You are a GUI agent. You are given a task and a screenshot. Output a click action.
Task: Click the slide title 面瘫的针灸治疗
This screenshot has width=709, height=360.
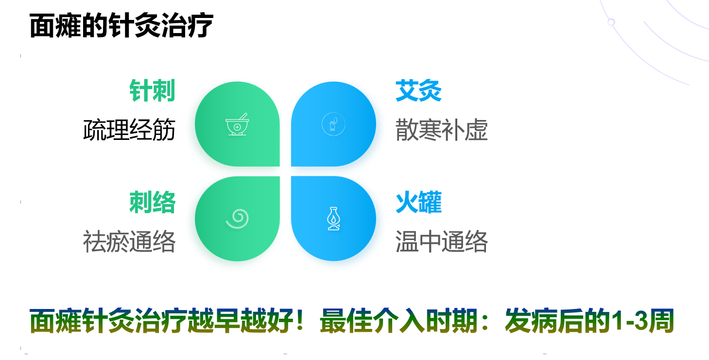(x=121, y=26)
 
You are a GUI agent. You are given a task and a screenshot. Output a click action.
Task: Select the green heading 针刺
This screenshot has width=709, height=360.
(x=152, y=91)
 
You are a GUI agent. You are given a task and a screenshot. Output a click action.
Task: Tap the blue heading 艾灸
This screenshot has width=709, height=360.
(x=418, y=91)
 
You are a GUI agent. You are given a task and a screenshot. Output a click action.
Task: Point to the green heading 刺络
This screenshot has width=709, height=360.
(x=152, y=202)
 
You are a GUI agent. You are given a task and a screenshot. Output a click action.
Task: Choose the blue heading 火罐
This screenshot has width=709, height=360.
(x=418, y=202)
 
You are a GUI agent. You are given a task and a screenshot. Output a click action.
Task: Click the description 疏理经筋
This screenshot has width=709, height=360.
(x=129, y=130)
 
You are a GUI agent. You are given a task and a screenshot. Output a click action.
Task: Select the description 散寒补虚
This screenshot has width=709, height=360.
(x=442, y=130)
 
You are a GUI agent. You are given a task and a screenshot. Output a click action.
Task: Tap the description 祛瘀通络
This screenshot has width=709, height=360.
(x=129, y=241)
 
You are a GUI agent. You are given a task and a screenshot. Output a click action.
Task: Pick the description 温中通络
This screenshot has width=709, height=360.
(x=442, y=241)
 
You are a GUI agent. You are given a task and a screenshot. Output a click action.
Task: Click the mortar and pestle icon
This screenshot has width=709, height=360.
(x=237, y=124)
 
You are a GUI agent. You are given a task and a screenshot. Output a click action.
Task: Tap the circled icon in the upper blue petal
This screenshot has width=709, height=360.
(x=333, y=124)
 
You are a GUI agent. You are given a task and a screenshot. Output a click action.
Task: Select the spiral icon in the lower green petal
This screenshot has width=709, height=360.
(x=238, y=219)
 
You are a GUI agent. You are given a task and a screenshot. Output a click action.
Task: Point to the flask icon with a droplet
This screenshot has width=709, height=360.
(x=333, y=219)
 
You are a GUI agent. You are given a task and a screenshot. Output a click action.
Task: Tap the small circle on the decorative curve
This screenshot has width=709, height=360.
(x=611, y=22)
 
